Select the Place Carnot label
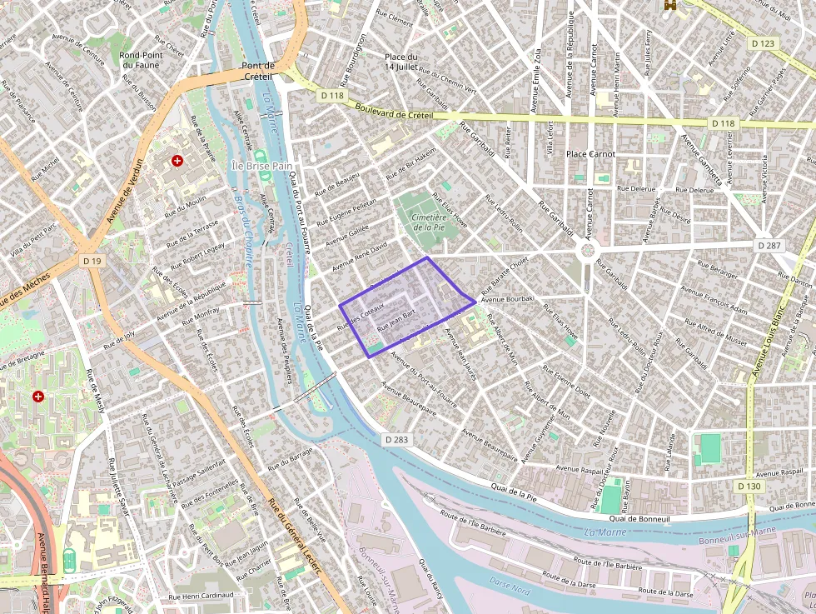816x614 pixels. click(590, 154)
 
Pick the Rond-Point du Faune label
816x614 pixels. click(140, 59)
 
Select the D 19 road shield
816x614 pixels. click(92, 262)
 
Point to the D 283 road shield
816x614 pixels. click(396, 439)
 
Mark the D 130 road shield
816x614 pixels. click(749, 486)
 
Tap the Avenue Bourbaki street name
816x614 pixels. click(508, 297)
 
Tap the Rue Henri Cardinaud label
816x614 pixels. click(201, 597)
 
